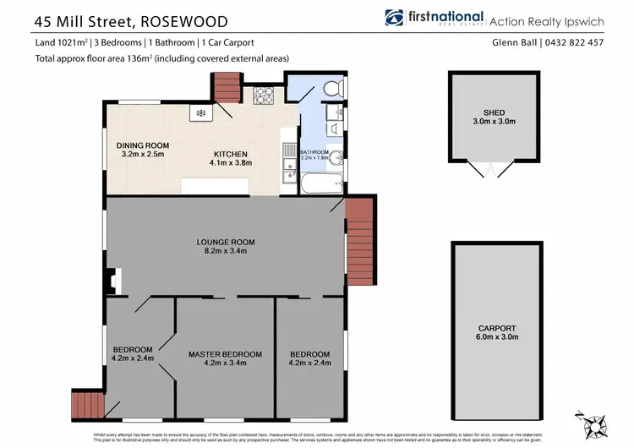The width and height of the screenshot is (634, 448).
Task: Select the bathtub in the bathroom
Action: click(322, 182)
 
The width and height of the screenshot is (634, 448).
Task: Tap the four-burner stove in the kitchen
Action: click(264, 96)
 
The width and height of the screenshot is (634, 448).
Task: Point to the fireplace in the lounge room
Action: click(117, 280)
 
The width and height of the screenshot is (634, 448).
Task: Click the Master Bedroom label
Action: click(225, 354)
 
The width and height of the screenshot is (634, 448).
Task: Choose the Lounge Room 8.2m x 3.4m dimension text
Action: click(224, 251)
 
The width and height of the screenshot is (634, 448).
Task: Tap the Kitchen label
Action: click(230, 153)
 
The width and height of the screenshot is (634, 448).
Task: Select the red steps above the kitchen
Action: click(226, 85)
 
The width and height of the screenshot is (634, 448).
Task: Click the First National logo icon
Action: click(394, 18)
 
